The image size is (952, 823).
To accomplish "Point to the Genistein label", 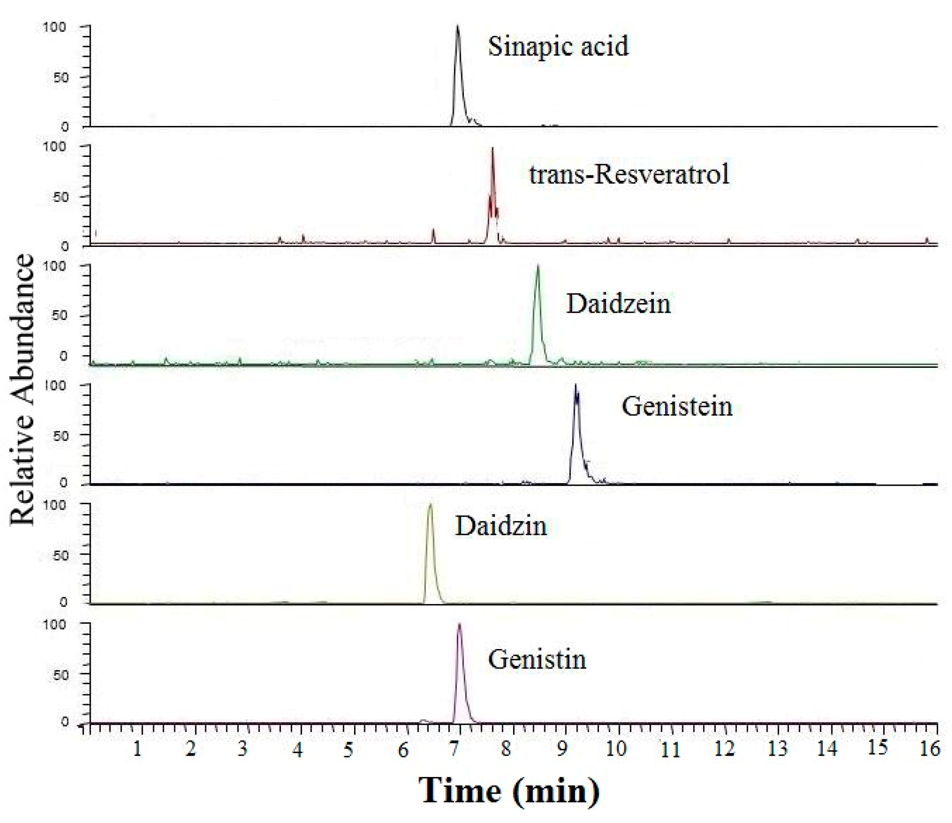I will [x=677, y=406].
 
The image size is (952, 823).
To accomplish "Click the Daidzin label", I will [x=501, y=526].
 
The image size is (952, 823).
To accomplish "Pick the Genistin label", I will [x=537, y=659].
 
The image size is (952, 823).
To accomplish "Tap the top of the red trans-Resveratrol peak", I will [x=492, y=148].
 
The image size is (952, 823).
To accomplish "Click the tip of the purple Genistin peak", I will [x=459, y=624].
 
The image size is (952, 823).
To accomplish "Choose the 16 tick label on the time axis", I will [x=929, y=749].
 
